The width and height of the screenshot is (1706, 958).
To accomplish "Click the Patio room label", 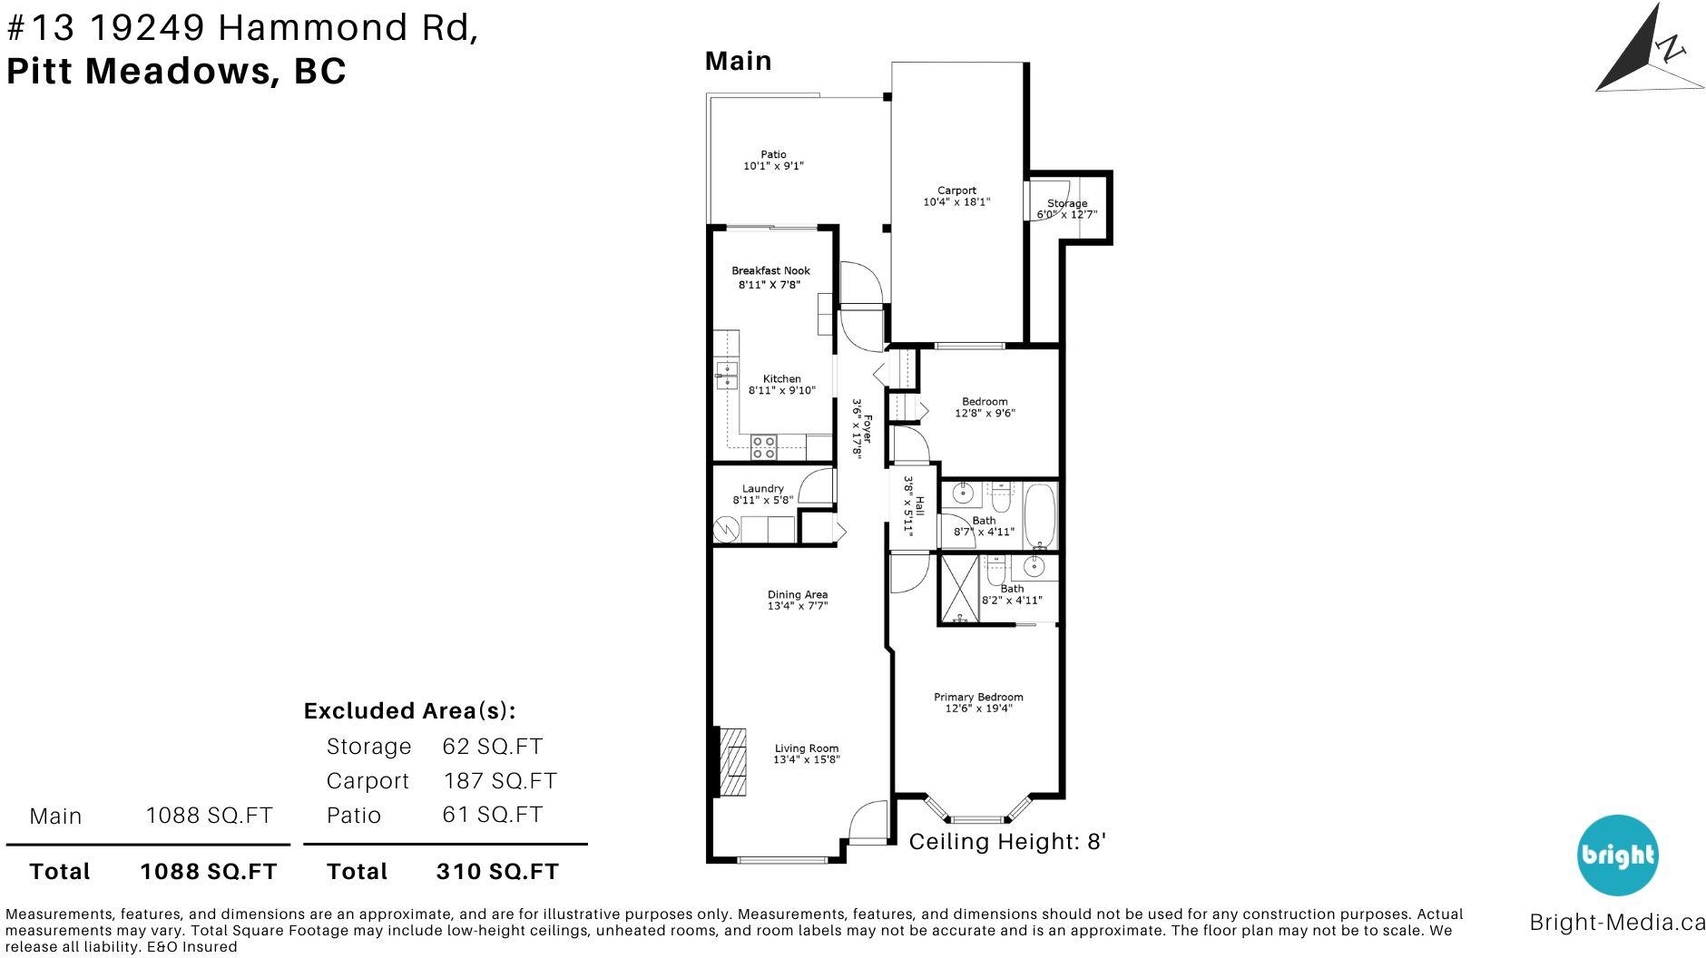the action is pyautogui.click(x=774, y=154).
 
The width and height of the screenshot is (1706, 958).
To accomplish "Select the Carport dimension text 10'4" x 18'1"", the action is pyautogui.click(x=956, y=202).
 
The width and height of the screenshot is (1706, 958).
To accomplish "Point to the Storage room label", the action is pyautogui.click(x=1067, y=203).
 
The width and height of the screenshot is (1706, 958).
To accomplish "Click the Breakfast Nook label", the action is pyautogui.click(x=771, y=270).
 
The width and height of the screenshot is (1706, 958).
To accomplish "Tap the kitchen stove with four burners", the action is pyautogui.click(x=764, y=446).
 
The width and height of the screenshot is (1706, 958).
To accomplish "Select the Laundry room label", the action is pyautogui.click(x=763, y=488).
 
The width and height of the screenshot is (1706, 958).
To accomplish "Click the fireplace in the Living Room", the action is pyautogui.click(x=730, y=761).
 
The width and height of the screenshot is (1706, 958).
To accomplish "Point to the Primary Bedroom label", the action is pyautogui.click(x=978, y=697).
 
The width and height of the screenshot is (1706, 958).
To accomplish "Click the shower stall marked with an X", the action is pyautogui.click(x=959, y=589).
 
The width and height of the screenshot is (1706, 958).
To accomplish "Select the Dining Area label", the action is pyautogui.click(x=798, y=595).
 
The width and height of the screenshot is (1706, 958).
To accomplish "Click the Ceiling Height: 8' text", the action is pyautogui.click(x=1007, y=842).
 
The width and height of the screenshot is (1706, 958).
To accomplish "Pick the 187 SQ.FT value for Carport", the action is pyautogui.click(x=500, y=780).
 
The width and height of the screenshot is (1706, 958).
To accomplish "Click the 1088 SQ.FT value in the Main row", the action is pyautogui.click(x=209, y=815).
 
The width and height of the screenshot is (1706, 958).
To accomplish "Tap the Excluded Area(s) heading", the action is pyautogui.click(x=410, y=710).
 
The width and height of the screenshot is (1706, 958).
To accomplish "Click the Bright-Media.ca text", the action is pyautogui.click(x=1617, y=923).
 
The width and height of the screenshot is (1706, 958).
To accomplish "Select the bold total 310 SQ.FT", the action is pyautogui.click(x=497, y=871).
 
